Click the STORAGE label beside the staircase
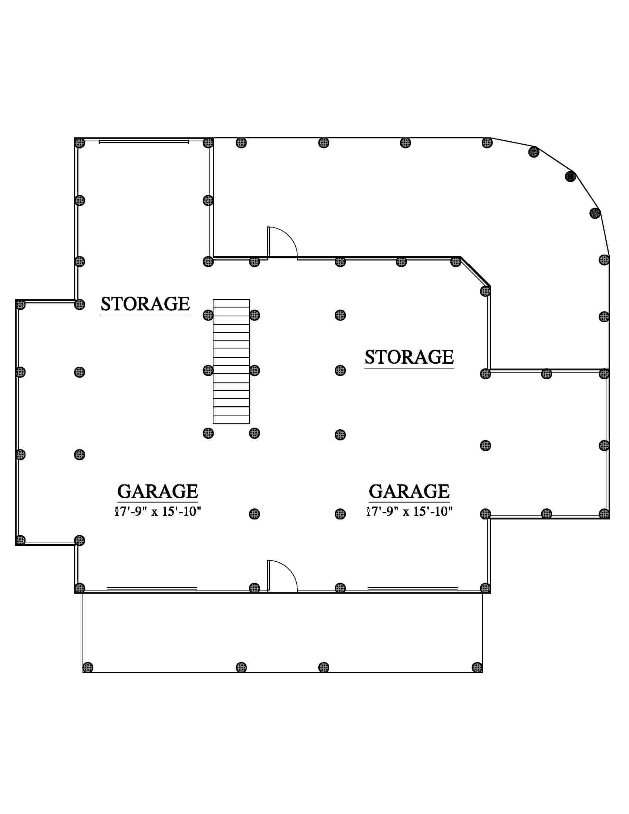tap(145, 304)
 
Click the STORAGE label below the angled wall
tap(409, 357)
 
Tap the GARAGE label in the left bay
tap(158, 491)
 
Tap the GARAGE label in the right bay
tap(409, 491)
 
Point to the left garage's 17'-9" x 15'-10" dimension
tap(158, 511)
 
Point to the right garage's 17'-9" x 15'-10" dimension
tap(409, 511)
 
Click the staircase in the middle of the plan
tap(231, 361)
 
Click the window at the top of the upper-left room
tap(144, 142)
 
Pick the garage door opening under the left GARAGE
tap(152, 588)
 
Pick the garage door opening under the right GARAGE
tap(413, 588)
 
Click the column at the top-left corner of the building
tap(80, 143)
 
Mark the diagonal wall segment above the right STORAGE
tap(475, 271)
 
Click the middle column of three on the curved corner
tap(571, 176)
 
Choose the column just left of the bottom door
tap(254, 588)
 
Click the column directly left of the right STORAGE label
tap(340, 370)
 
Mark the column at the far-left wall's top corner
tap(20, 305)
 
